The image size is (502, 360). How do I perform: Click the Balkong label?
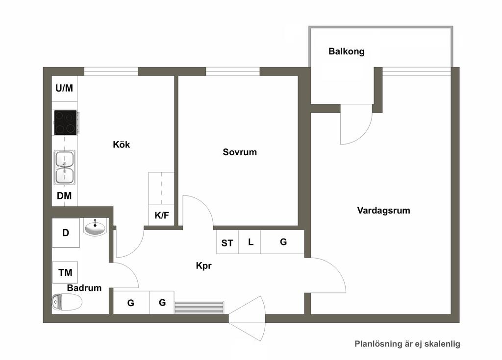tap(347, 51)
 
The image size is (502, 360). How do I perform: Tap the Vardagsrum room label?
tap(383, 211)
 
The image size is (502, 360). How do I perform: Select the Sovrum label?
tap(240, 152)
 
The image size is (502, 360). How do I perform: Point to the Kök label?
tap(122, 144)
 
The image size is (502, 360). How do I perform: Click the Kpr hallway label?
tap(203, 265)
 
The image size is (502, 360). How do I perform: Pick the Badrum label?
tap(84, 288)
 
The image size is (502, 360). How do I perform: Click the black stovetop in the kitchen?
tap(65, 122)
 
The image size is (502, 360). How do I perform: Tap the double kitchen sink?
tap(65, 168)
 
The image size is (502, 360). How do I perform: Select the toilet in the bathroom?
tap(67, 302)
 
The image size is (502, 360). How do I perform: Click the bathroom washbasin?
tap(95, 228)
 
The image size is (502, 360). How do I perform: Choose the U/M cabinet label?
tap(64, 88)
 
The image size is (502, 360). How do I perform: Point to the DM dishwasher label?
tap(64, 196)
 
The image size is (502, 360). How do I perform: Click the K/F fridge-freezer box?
tap(162, 215)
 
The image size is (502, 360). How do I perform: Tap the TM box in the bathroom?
tap(65, 272)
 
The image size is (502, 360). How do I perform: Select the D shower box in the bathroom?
tap(66, 233)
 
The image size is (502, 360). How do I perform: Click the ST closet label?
tap(227, 243)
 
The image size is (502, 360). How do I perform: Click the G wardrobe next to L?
tap(282, 242)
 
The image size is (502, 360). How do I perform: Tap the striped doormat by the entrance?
tap(199, 307)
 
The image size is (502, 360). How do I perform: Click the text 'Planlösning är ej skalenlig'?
tap(407, 344)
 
